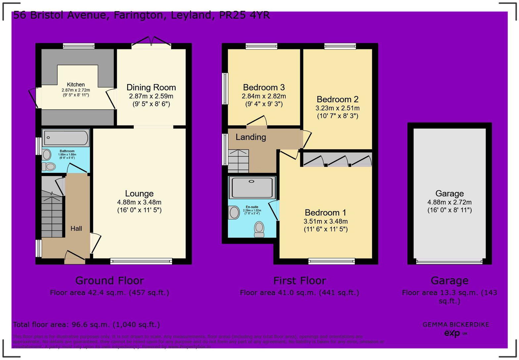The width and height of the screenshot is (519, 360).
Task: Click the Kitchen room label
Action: pyautogui.click(x=76, y=85)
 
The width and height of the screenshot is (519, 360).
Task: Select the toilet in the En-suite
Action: pyautogui.click(x=259, y=229)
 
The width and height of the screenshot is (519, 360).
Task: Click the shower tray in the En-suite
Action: pyautogui.click(x=252, y=188)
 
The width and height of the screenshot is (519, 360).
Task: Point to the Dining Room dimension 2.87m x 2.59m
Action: pyautogui.click(x=151, y=96)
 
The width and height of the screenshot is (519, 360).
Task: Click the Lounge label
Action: pyautogui.click(x=139, y=194)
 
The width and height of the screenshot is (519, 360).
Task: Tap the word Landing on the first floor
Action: pyautogui.click(x=251, y=137)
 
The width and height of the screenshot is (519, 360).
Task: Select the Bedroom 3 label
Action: pyautogui.click(x=264, y=87)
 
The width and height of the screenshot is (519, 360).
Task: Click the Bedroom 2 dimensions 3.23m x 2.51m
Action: pyautogui.click(x=337, y=108)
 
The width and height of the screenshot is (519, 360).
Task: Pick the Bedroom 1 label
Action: pyautogui.click(x=325, y=212)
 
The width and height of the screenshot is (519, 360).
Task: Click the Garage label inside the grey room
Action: pyautogui.click(x=449, y=194)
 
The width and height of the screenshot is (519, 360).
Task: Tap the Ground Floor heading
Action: pyautogui.click(x=110, y=281)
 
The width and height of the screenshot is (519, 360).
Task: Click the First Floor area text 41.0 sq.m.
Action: pyautogui.click(x=299, y=292)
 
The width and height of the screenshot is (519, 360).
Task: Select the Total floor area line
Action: pyautogui.click(x=86, y=325)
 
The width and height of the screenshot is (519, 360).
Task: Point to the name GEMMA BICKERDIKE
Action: pyautogui.click(x=456, y=325)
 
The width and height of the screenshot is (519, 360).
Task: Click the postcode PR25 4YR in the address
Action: pyautogui.click(x=244, y=15)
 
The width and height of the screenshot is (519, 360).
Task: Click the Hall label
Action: pyautogui.click(x=76, y=228)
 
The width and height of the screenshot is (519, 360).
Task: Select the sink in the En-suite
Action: pyautogui.click(x=234, y=212)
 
